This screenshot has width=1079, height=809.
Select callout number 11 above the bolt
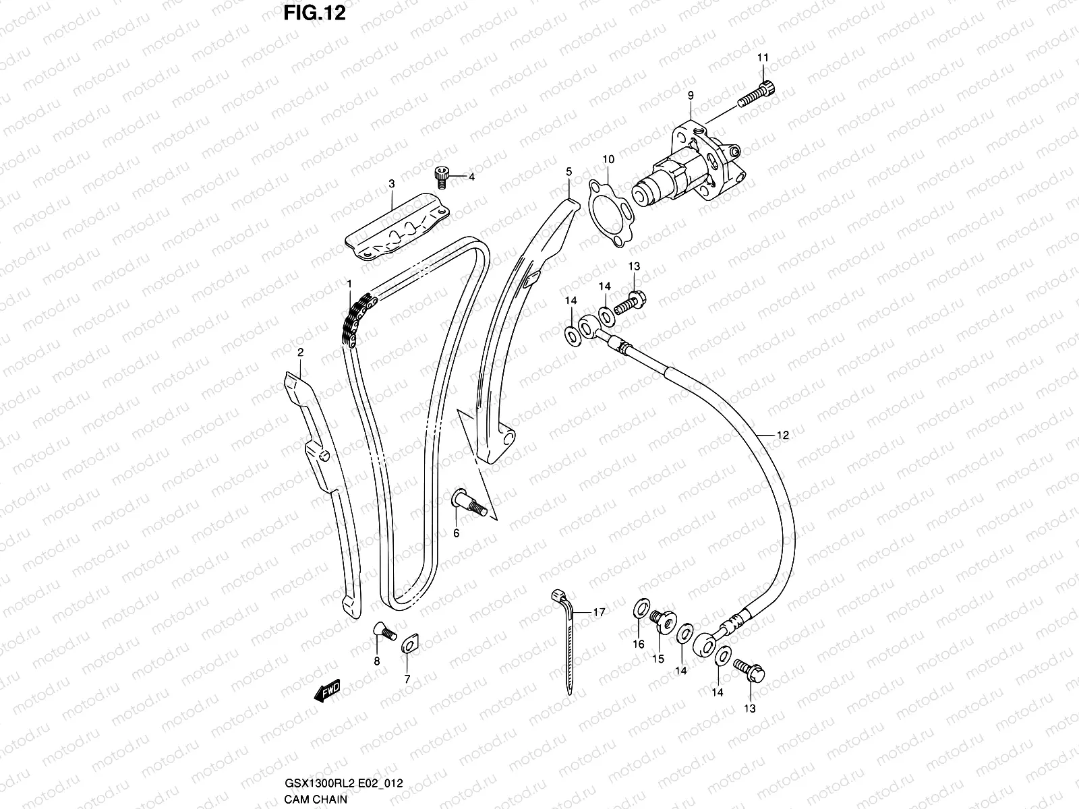[763, 59]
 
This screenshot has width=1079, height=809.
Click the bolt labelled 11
[757, 94]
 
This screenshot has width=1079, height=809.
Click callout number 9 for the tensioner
[691, 96]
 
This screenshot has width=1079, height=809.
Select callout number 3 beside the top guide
[391, 183]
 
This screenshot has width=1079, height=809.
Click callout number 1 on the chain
[349, 284]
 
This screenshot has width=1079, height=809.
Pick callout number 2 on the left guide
[301, 352]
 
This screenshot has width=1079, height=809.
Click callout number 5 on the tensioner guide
[568, 172]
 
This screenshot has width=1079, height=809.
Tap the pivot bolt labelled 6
[466, 504]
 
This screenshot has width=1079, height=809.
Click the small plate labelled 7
[409, 643]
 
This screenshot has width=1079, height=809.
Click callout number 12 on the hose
[782, 436]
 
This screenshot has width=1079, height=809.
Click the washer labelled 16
[639, 610]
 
